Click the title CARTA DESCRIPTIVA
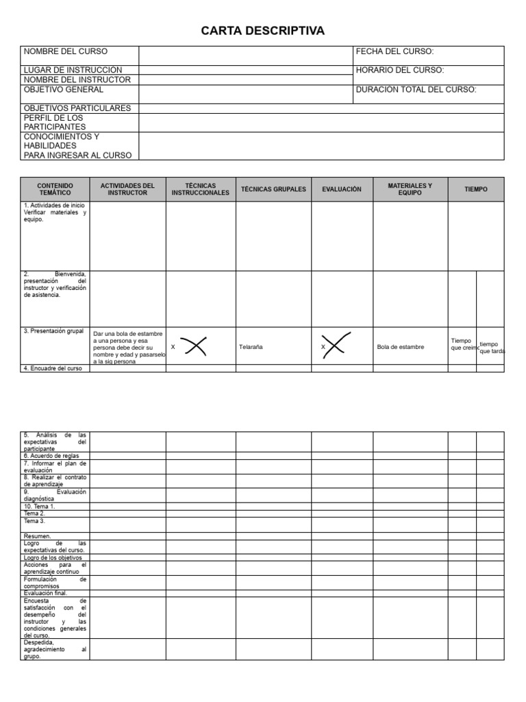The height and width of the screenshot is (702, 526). [263, 31]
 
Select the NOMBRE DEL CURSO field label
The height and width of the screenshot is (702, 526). [66, 51]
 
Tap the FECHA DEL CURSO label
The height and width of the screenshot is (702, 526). [394, 51]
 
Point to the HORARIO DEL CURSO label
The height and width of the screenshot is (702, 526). [399, 70]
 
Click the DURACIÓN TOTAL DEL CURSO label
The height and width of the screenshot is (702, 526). [416, 89]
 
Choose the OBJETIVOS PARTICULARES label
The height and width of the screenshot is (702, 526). [77, 108]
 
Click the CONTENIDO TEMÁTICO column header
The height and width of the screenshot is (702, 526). [55, 189]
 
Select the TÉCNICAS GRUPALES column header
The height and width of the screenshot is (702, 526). [273, 189]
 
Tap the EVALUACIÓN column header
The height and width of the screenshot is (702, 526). [341, 189]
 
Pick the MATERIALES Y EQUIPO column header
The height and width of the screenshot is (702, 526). [410, 189]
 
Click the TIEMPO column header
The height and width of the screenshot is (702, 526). [475, 189]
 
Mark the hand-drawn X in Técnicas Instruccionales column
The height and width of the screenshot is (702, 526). [195, 346]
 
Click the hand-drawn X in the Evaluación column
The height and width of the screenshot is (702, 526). [337, 345]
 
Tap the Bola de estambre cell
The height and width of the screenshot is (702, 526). [401, 347]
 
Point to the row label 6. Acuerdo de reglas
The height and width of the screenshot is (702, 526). [51, 456]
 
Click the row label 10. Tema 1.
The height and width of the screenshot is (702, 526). [39, 507]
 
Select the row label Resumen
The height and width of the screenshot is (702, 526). [37, 536]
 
